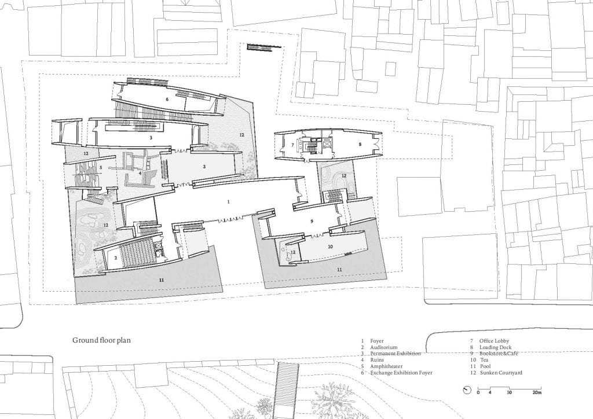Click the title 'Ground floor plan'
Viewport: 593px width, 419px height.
coord(101,341)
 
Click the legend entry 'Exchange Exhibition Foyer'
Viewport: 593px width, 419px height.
coord(399,373)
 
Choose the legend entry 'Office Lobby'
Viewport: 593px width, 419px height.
coord(494,341)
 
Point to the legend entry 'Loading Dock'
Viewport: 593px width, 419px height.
coord(494,347)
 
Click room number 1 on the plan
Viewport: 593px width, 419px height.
coord(229,201)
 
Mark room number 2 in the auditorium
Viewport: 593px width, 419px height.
coord(116,257)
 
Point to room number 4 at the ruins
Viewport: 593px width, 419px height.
coord(140,172)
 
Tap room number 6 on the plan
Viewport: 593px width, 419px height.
coord(167,100)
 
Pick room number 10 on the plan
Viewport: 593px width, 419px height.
coord(330,247)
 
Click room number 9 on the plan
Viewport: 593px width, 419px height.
coord(312,221)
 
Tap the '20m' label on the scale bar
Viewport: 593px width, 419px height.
coord(537,393)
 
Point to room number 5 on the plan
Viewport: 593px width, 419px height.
coord(100,168)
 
